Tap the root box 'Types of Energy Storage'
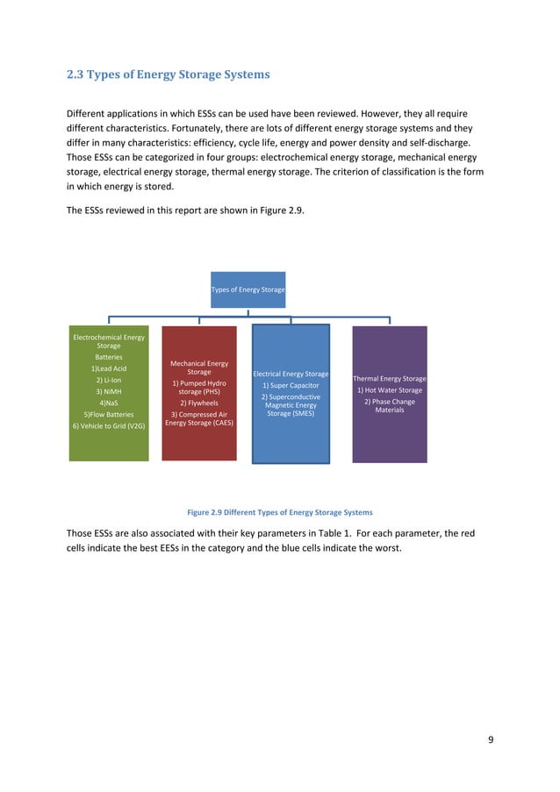[x=248, y=289]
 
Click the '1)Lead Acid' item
[x=109, y=368]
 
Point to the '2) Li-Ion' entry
[x=109, y=380]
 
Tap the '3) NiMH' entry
[x=109, y=391]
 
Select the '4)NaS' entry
[x=109, y=403]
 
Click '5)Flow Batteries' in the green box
[x=109, y=414]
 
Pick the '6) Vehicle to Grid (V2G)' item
[x=109, y=425]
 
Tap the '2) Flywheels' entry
[x=199, y=403]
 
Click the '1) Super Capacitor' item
[x=290, y=385]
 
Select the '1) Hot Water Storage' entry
[x=389, y=389]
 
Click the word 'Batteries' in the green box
[x=109, y=357]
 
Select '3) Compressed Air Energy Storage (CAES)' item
[x=199, y=419]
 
